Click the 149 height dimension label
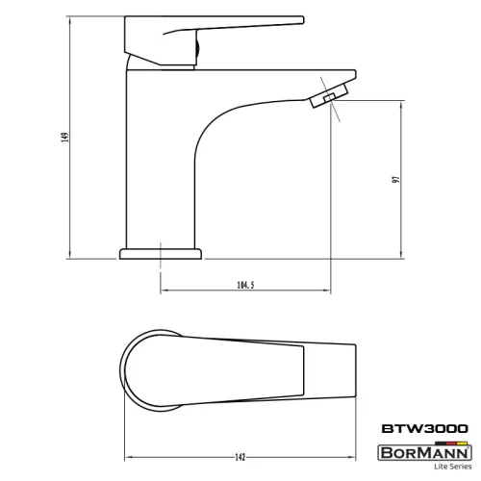pos(65,138)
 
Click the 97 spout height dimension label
pos(396,179)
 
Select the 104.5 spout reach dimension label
pos(245,285)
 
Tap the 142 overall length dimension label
pos(240,457)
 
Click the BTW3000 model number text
pos(424,429)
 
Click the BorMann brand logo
pos(424,452)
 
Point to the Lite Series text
pos(453,467)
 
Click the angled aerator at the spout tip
pos(329,95)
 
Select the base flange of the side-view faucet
pos(161,254)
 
